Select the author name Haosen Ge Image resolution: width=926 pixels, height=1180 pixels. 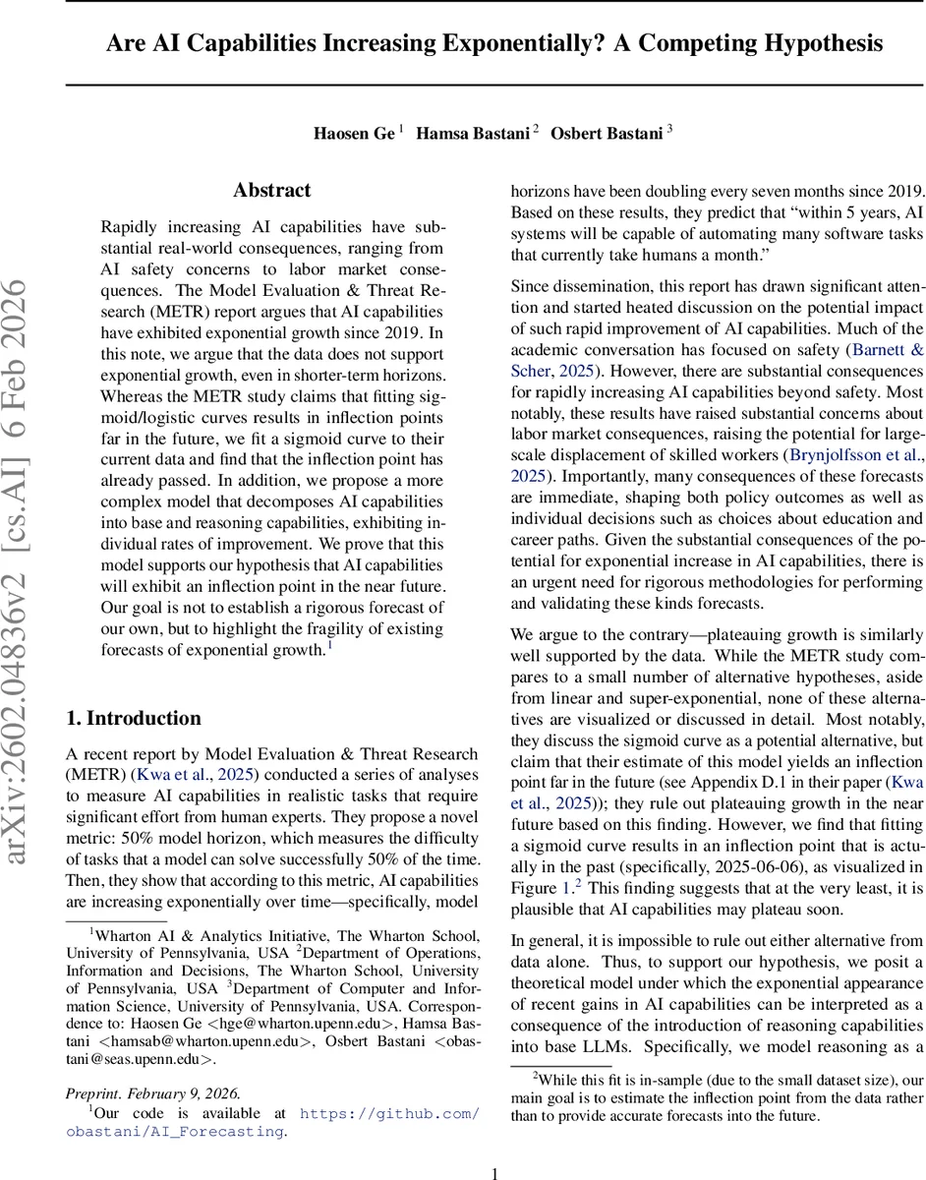click(355, 134)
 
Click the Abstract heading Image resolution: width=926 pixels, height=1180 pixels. click(271, 190)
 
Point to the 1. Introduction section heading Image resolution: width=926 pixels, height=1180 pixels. click(133, 718)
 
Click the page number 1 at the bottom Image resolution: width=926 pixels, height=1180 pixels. click(495, 1172)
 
